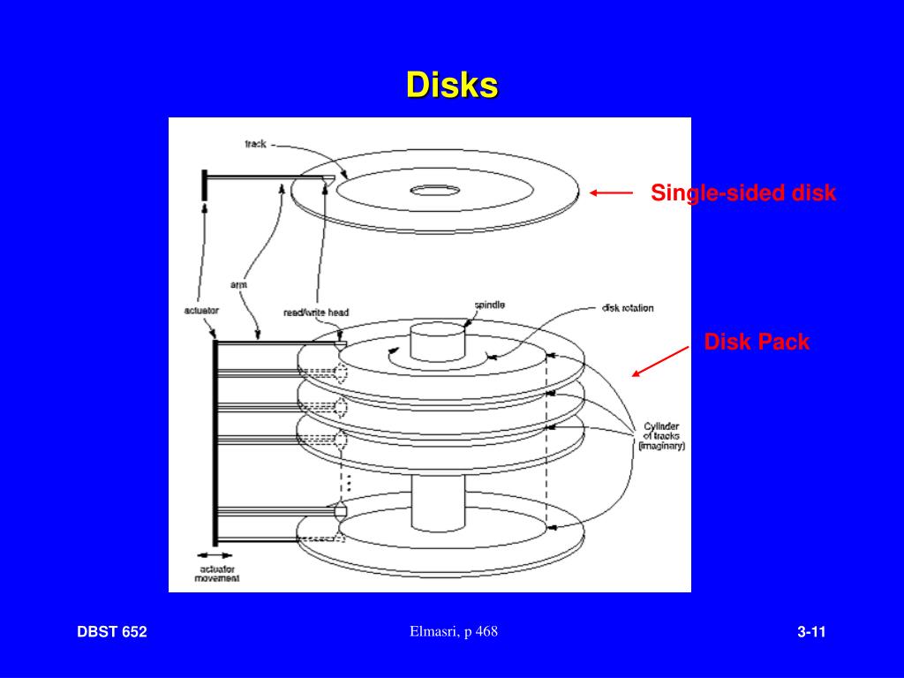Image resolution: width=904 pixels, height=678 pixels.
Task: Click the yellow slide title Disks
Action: pos(452,85)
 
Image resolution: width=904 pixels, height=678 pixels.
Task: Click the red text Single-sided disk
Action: pos(743,192)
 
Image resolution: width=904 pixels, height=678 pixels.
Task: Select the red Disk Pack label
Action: pos(757,342)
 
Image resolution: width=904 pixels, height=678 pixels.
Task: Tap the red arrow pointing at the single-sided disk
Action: pos(611,193)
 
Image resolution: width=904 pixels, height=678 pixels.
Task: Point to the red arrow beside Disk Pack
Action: pos(660,361)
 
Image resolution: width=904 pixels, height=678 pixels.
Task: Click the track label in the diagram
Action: pos(255,144)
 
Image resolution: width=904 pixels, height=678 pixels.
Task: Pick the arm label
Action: pos(238,285)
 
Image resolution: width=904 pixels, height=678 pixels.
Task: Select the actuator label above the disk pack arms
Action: pos(201,310)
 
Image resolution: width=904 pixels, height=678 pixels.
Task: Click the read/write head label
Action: pos(316,313)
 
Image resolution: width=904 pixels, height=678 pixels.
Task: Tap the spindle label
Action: pos(489,305)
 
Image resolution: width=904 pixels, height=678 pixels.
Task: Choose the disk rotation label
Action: pos(628,308)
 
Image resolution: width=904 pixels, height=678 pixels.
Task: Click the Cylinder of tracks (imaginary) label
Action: pos(662,436)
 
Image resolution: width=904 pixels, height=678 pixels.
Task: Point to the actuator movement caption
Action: pos(217,574)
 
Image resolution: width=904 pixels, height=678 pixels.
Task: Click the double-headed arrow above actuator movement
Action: pos(215,555)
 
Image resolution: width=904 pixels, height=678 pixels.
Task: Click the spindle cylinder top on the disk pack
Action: pos(437,333)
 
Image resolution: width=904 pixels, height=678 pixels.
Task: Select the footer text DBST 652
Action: pos(112,632)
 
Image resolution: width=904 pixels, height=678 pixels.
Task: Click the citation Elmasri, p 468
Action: pos(454,631)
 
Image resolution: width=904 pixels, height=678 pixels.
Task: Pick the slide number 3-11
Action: pos(812,632)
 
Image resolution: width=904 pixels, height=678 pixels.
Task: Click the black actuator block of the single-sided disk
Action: pos(204,185)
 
